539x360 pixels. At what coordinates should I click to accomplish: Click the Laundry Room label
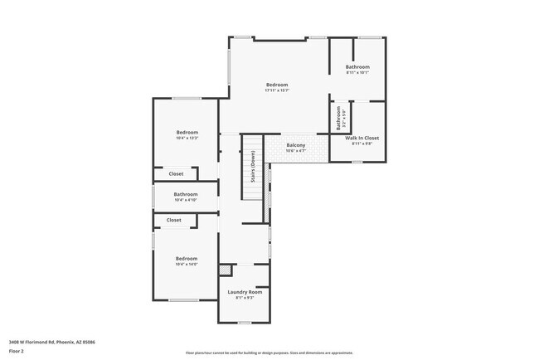click(x=245, y=292)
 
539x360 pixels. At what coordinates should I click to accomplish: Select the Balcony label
click(x=296, y=145)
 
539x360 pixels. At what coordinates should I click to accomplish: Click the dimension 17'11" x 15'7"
click(x=277, y=90)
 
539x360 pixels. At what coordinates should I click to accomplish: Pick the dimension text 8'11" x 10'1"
click(x=357, y=72)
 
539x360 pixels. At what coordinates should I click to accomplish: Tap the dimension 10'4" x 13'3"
click(x=187, y=139)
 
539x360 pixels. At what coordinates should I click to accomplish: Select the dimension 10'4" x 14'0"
click(x=187, y=265)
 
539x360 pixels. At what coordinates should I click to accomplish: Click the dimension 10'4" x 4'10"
click(x=186, y=200)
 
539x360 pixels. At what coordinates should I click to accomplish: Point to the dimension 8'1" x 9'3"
click(x=245, y=298)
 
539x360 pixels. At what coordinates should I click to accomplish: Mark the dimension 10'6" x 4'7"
click(x=296, y=151)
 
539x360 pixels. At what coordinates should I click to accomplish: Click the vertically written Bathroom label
click(x=338, y=118)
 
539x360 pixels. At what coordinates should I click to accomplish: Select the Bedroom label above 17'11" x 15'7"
click(x=277, y=85)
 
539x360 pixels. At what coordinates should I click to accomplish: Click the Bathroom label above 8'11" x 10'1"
click(x=357, y=66)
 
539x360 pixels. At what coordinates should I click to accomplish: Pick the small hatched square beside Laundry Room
click(x=223, y=270)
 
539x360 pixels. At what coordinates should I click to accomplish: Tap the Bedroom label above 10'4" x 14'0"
click(x=187, y=259)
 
